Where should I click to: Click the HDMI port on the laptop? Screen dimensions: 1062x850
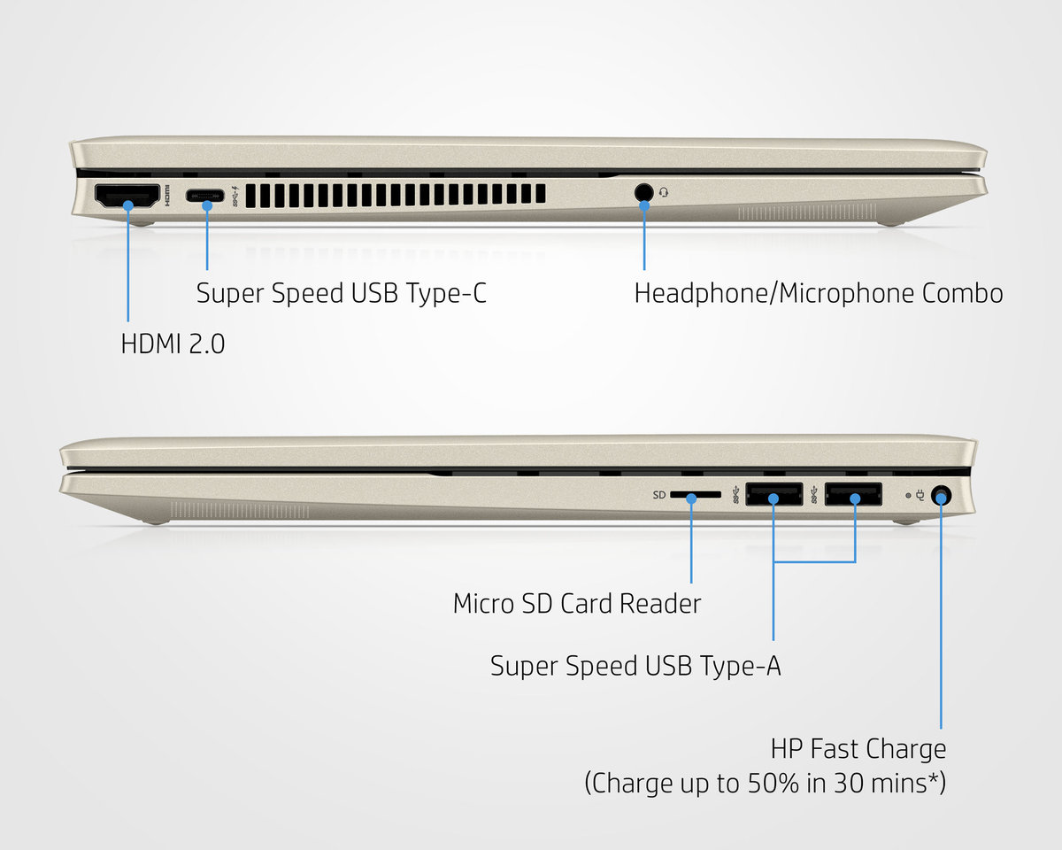click(127, 196)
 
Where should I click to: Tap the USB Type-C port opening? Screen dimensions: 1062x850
click(204, 196)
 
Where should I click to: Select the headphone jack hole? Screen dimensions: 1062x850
click(643, 192)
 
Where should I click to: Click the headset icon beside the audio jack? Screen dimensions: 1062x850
click(664, 191)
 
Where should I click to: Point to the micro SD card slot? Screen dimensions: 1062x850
click(696, 494)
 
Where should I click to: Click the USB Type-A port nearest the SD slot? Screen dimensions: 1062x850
click(773, 494)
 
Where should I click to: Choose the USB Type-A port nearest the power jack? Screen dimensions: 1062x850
click(853, 494)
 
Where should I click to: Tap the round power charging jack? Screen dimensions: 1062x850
click(942, 495)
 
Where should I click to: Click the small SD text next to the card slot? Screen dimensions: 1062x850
click(659, 495)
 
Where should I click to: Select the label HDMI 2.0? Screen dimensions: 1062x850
click(173, 344)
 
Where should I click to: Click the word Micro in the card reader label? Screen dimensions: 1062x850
click(483, 604)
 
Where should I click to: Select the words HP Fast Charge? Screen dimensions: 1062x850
click(858, 749)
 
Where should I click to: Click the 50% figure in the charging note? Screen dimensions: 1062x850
click(773, 783)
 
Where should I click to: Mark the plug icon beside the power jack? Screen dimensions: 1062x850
click(920, 495)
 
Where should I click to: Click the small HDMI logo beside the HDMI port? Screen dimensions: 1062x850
click(166, 196)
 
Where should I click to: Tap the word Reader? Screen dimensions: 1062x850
click(660, 604)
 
